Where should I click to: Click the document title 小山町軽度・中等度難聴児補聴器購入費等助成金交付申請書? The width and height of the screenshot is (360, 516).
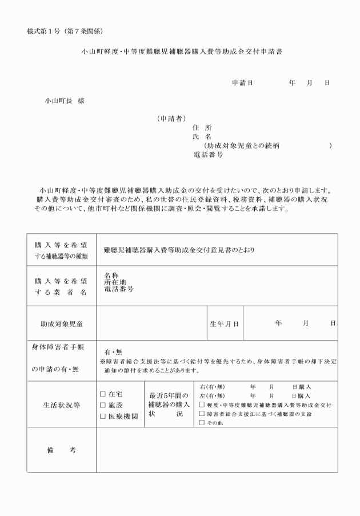181,51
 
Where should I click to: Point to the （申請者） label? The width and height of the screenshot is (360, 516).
171,119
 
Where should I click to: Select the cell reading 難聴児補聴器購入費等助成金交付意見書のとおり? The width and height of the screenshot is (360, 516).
179,250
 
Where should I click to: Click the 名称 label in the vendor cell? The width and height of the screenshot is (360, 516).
111,275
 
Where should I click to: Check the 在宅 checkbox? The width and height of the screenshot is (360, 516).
103,394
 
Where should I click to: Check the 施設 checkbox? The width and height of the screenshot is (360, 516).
103,405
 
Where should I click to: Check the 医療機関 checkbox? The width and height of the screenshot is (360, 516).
103,416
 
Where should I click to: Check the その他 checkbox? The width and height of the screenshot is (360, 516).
202,423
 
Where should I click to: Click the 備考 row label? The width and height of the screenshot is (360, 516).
61,450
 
